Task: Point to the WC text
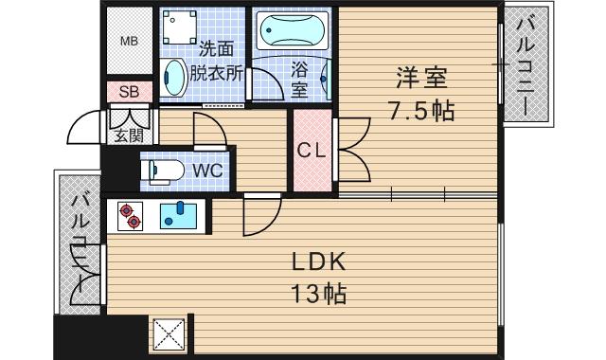[208, 171]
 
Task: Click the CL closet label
[311, 150]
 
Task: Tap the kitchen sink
[177, 216]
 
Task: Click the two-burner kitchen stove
[131, 216]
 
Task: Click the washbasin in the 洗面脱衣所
[173, 77]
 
